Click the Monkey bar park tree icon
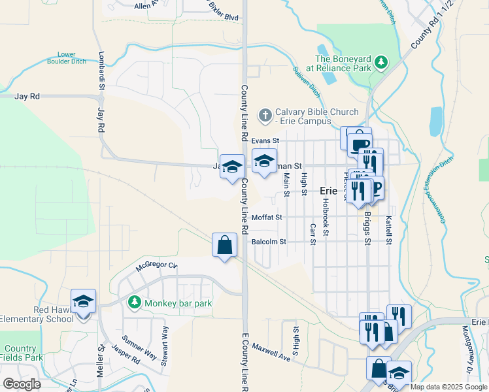135,302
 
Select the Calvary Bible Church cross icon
265,116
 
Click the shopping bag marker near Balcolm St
224,246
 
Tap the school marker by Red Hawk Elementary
84,302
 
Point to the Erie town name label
328,191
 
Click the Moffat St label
267,217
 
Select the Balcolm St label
269,242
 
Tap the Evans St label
265,140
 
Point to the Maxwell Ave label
271,353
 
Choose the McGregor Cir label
156,265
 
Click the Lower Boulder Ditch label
67,57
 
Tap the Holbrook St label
325,217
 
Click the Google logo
22,384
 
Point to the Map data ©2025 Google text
448,387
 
